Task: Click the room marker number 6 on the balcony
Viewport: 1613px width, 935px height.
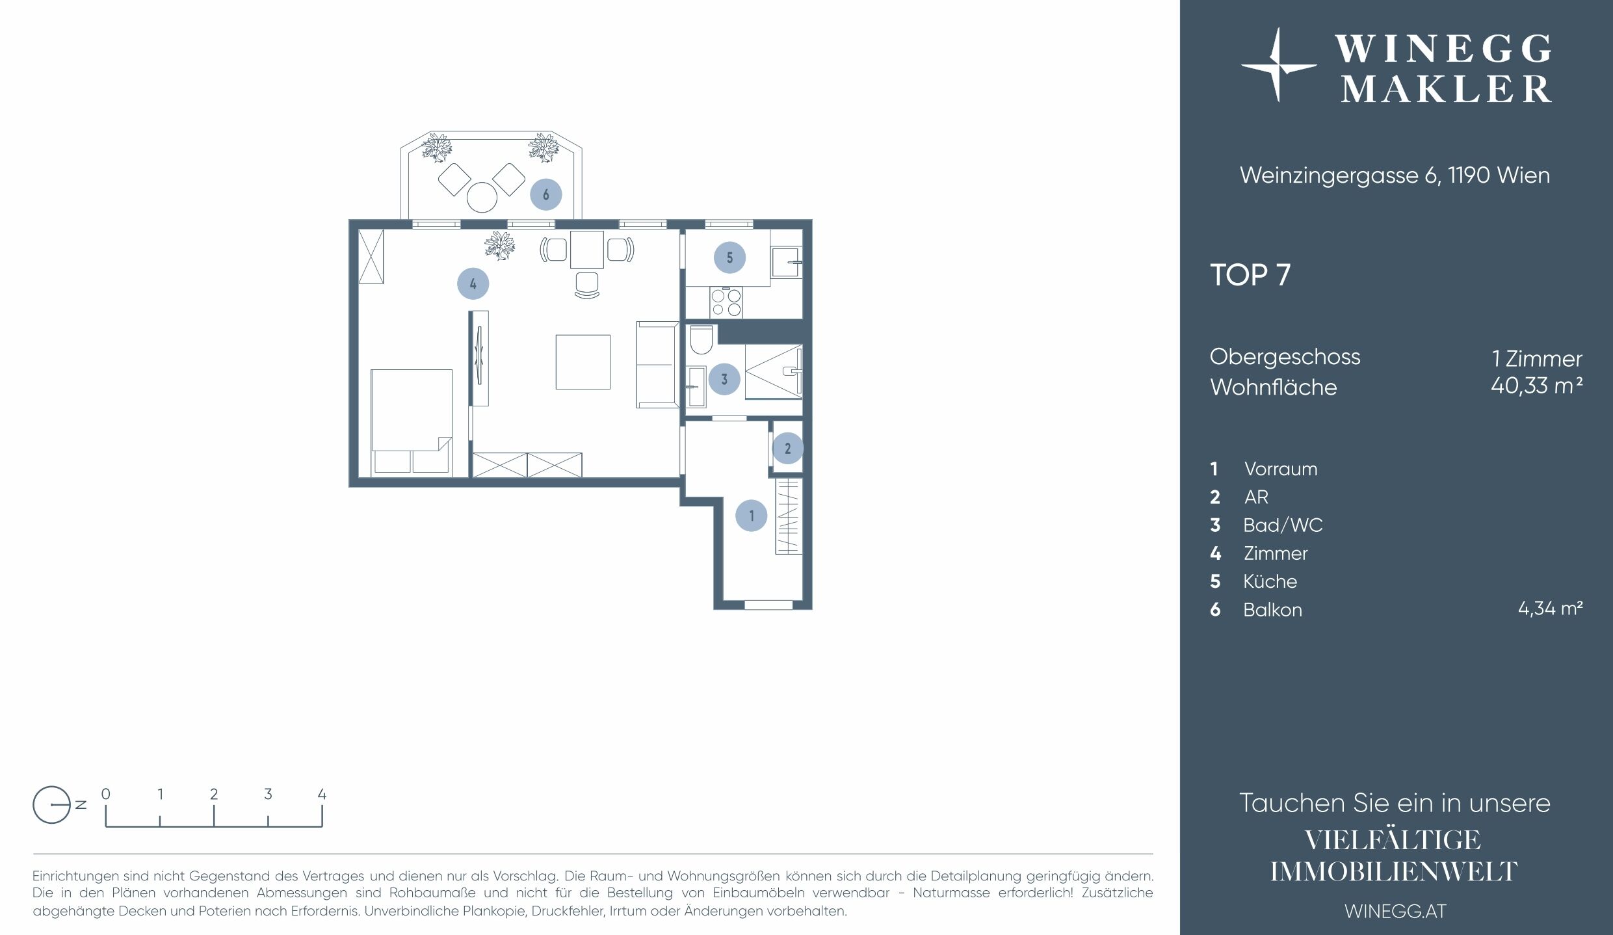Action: tap(545, 194)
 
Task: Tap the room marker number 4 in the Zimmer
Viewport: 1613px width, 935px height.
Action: tap(473, 283)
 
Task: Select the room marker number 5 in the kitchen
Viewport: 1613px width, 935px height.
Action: tap(729, 257)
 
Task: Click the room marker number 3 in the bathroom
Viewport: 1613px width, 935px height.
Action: tap(724, 379)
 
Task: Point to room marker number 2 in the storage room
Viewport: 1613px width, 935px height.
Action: tap(787, 448)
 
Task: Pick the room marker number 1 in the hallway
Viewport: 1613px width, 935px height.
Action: tap(752, 516)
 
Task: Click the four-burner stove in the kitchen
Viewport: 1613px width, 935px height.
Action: tap(726, 302)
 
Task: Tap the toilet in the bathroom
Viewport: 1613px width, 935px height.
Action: tap(701, 339)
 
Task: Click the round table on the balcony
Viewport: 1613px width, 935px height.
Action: tap(482, 197)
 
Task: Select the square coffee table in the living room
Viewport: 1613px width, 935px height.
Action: tap(583, 362)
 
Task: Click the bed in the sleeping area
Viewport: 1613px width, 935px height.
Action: tap(411, 421)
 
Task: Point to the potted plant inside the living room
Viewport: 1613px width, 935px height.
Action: tap(499, 245)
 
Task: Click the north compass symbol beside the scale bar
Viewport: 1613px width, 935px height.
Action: tap(52, 805)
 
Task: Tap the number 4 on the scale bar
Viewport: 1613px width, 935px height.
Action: tap(322, 794)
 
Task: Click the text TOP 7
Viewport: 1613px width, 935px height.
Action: tap(1250, 275)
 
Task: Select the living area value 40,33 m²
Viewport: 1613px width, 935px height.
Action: tap(1536, 386)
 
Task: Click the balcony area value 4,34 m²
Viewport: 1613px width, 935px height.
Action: tap(1550, 609)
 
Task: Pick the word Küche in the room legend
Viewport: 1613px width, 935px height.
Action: tap(1270, 581)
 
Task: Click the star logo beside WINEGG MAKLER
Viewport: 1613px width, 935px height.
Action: tap(1278, 65)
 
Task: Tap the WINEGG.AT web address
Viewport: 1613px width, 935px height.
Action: tap(1395, 911)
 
